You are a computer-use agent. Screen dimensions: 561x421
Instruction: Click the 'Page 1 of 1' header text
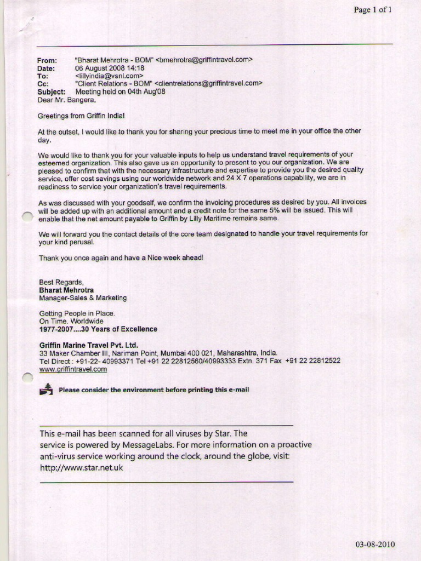pyautogui.click(x=373, y=10)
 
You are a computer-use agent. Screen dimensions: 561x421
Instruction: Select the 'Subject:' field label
pyautogui.click(x=51, y=92)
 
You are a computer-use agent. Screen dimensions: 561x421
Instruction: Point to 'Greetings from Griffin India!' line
pyautogui.click(x=81, y=116)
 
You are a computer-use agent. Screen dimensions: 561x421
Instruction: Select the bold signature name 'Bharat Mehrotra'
pyautogui.click(x=66, y=290)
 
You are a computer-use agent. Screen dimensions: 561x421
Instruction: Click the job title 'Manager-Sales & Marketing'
pyautogui.click(x=83, y=298)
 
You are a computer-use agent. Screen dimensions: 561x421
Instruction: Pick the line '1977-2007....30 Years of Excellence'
pyautogui.click(x=98, y=329)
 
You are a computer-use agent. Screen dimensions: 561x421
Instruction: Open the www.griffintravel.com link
pyautogui.click(x=73, y=370)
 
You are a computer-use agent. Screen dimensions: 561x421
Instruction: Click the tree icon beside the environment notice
pyautogui.click(x=47, y=390)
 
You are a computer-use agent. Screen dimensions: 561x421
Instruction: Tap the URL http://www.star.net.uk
pyautogui.click(x=81, y=468)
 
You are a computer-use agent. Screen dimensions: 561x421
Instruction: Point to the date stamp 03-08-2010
pyautogui.click(x=375, y=545)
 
